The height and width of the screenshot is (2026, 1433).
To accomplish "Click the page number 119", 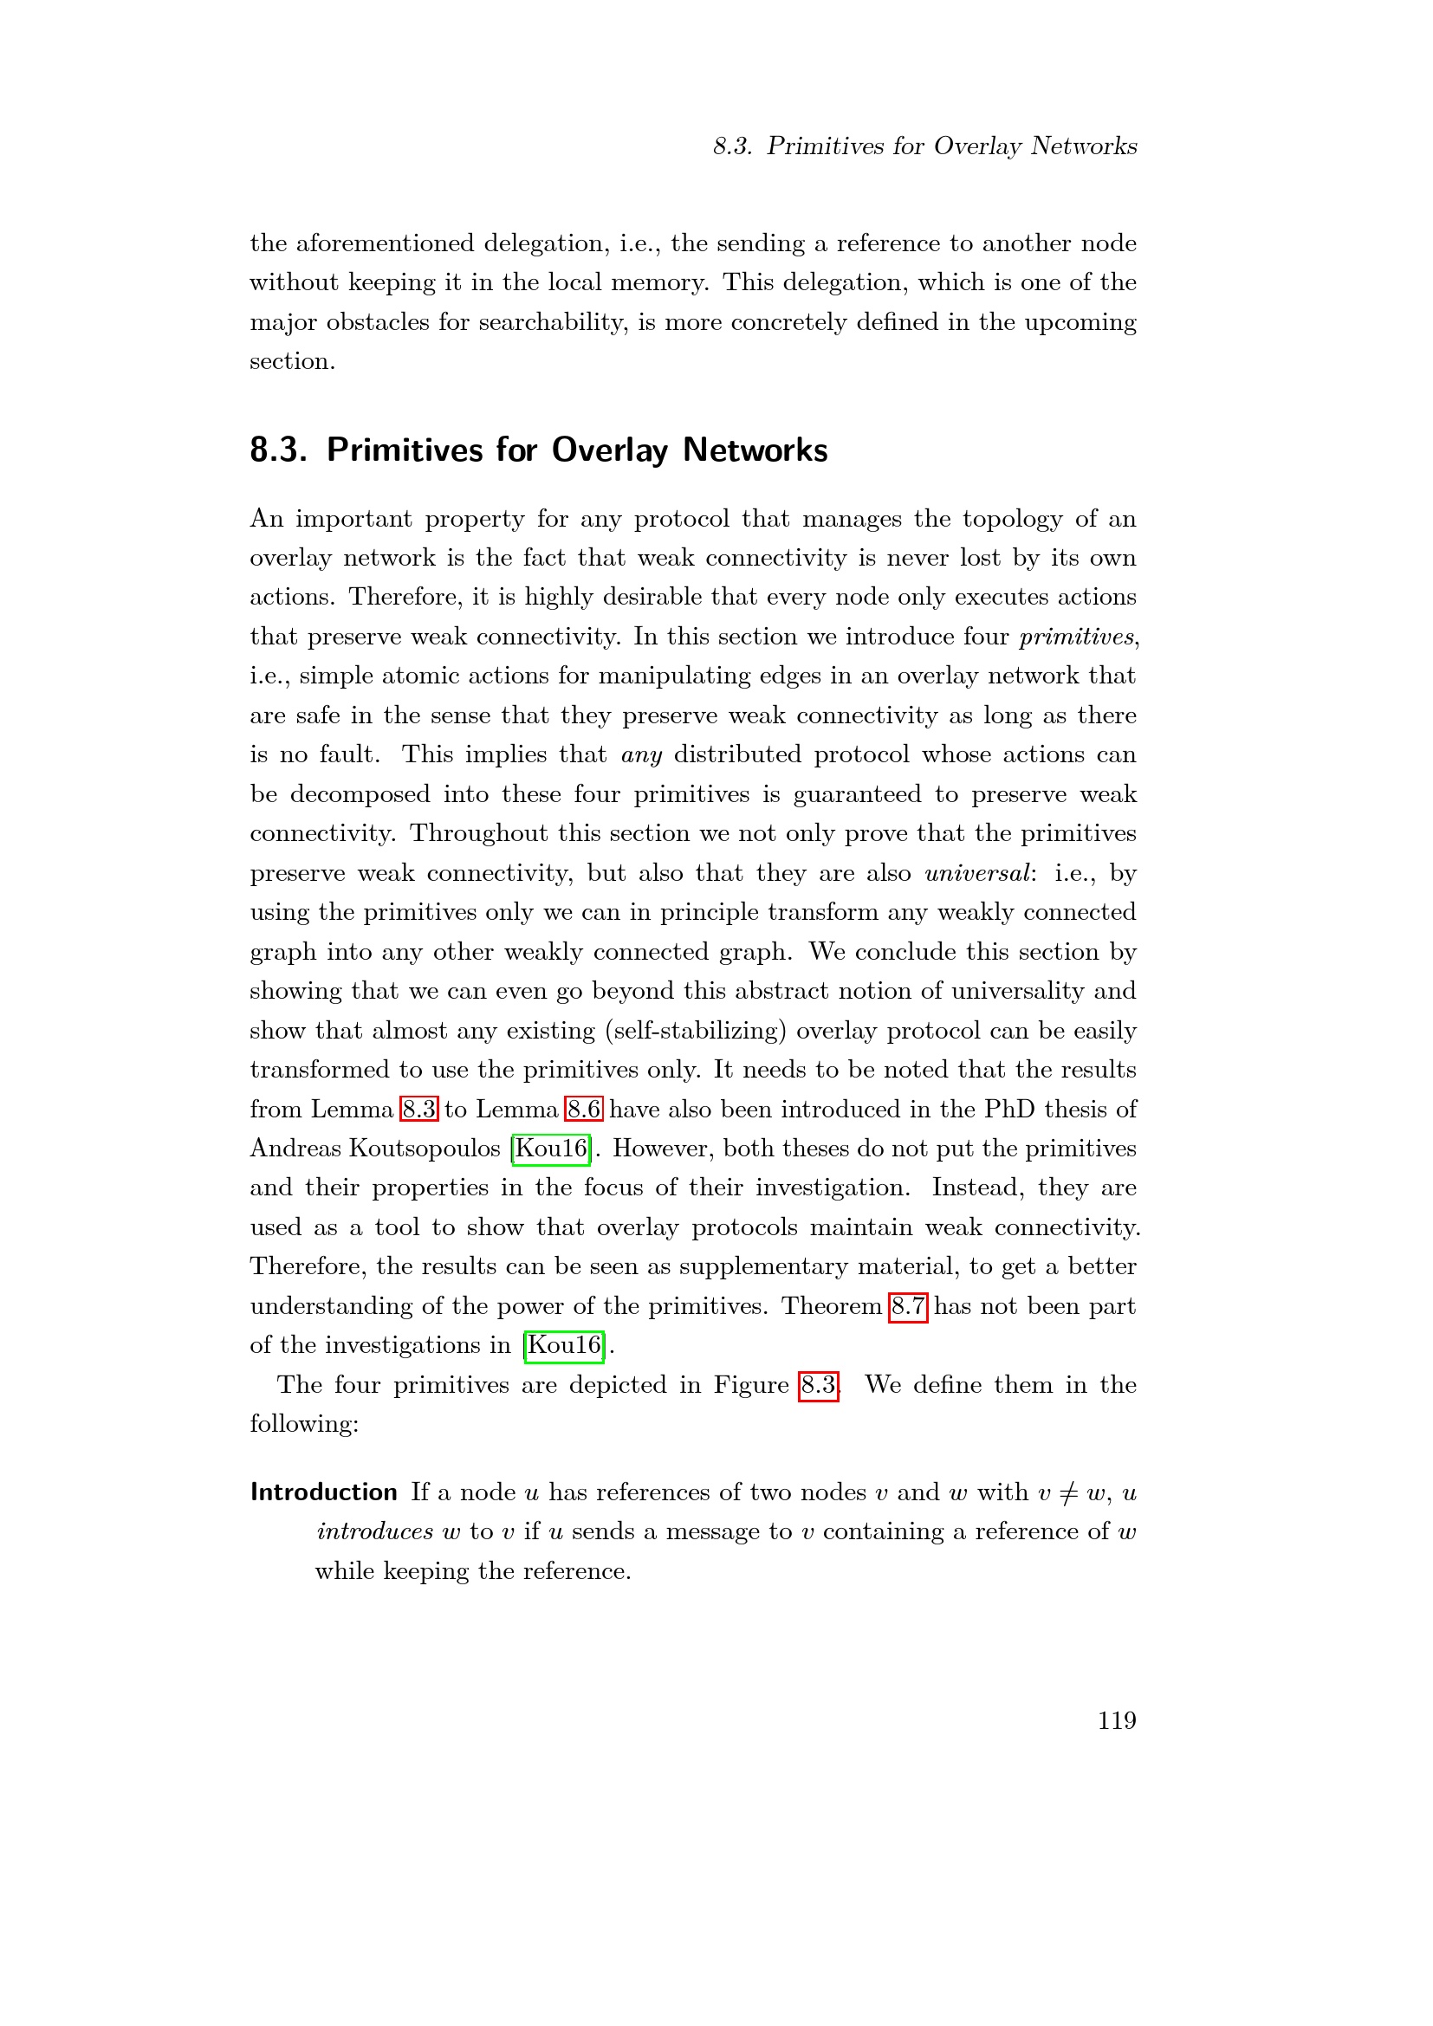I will pos(1116,1720).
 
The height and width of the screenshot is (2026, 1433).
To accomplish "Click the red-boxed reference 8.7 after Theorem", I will pos(907,1306).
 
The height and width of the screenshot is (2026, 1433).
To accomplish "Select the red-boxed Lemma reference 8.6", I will pos(584,1110).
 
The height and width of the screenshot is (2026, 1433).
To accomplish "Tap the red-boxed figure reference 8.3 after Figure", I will pos(818,1384).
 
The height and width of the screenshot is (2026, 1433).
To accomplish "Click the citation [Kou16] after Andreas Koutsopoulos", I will pos(551,1149).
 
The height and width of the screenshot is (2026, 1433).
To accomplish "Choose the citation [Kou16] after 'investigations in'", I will pos(564,1346).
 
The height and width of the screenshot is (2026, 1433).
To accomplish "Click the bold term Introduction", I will pos(324,1492).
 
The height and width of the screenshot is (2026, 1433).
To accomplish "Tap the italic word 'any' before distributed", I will pos(641,755).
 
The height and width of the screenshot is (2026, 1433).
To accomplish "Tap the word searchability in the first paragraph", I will pos(553,322).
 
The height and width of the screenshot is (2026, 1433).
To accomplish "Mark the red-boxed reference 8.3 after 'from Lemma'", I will pos(418,1110).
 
